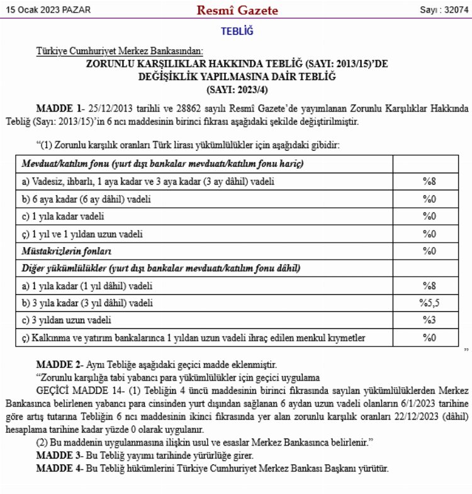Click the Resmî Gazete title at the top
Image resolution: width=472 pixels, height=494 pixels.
click(x=237, y=11)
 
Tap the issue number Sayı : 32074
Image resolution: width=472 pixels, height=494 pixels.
click(x=441, y=10)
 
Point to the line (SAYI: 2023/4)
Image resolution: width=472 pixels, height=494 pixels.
click(x=237, y=88)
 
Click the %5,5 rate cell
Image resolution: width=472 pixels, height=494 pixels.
click(x=429, y=303)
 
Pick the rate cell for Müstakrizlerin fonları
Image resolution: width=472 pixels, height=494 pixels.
click(x=429, y=251)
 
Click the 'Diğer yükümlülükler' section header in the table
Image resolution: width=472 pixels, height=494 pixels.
click(x=161, y=268)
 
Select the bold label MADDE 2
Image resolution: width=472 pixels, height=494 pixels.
click(x=59, y=365)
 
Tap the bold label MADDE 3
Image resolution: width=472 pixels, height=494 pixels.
click(x=59, y=455)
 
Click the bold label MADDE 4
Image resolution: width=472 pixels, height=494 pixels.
click(x=59, y=469)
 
